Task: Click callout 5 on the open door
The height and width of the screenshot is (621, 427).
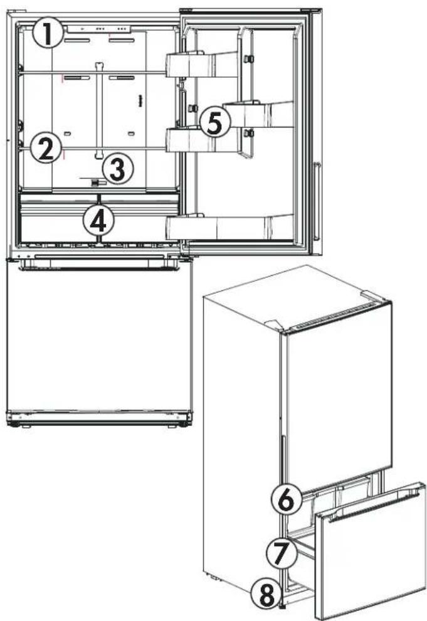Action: [214, 122]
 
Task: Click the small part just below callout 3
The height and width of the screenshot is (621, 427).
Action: [95, 183]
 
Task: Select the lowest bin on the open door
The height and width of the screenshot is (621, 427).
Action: [232, 226]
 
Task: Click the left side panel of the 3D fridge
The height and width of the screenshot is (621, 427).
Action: [241, 439]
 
